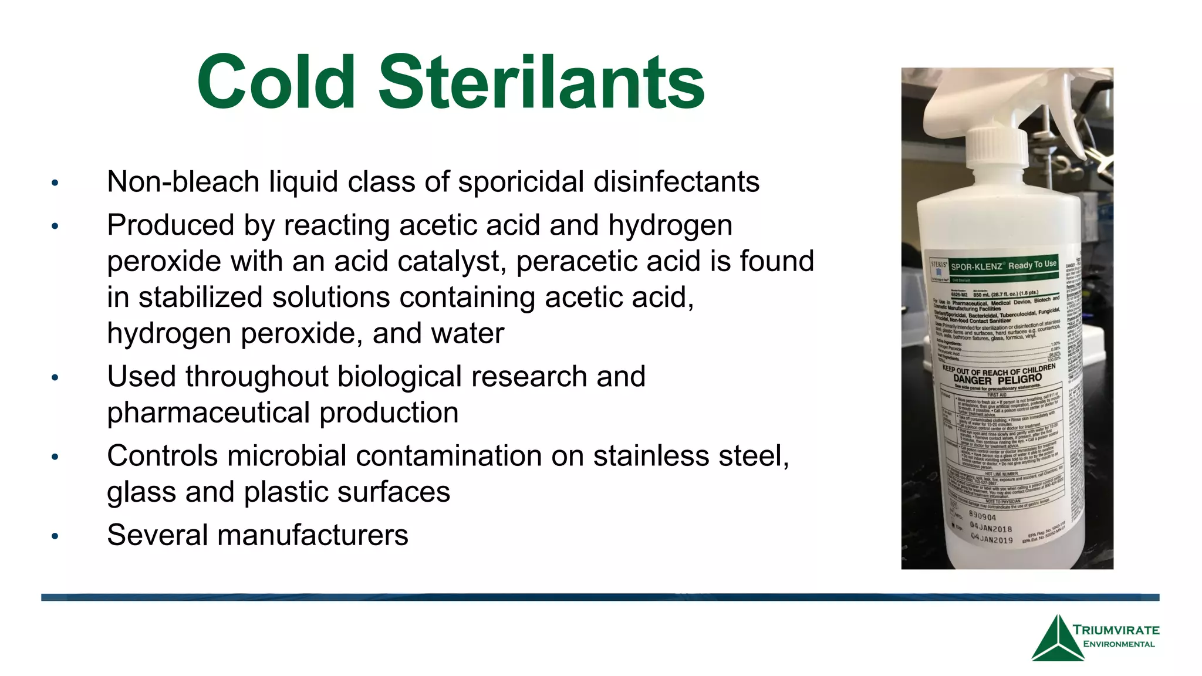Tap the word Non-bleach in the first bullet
click(183, 182)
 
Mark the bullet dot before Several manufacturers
click(55, 536)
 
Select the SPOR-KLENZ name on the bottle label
click(976, 266)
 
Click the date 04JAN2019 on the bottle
click(991, 539)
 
